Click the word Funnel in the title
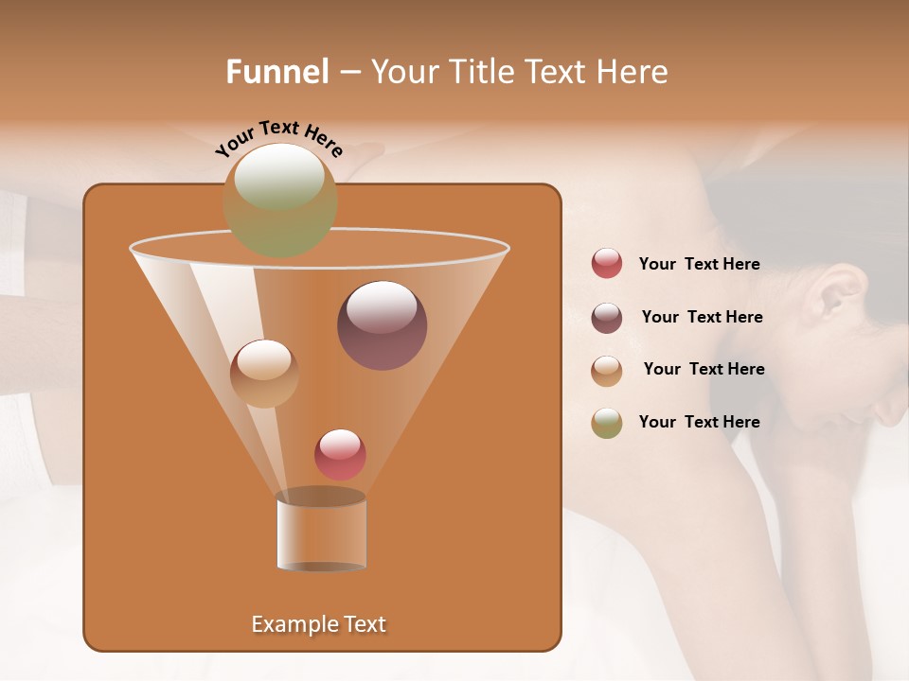coord(276,72)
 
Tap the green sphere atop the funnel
coord(279,200)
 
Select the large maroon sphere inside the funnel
coord(382,325)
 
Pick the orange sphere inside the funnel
coord(264,374)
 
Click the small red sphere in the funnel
coord(340,454)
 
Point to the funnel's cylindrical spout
coord(321,532)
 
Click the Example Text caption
coord(318,624)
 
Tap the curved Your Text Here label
coord(278,138)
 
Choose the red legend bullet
coord(607,264)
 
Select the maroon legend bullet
coord(607,317)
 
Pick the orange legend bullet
coord(607,370)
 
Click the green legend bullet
coord(607,423)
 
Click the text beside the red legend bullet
coord(699,264)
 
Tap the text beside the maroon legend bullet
coord(702,317)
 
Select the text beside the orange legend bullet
coord(704,369)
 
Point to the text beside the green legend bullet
coord(699,422)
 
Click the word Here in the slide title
coord(633,72)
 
